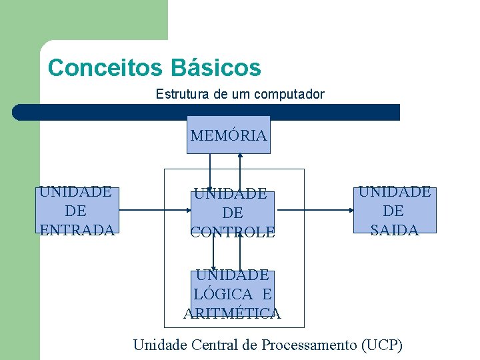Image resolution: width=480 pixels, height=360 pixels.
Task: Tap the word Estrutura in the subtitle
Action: pos(182,94)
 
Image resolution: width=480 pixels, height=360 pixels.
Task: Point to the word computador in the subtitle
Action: pos(289,94)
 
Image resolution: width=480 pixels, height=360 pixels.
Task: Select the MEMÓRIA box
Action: pos(228,135)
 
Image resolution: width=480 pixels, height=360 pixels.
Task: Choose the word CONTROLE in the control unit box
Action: pos(232,232)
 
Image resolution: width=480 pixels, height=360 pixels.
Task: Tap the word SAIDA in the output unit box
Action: pos(394,230)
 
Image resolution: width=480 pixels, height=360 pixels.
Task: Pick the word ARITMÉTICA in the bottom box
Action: pos(232,313)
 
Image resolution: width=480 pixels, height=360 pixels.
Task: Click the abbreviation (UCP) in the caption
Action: pos(381,345)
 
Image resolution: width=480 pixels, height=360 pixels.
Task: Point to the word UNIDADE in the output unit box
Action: pos(395,192)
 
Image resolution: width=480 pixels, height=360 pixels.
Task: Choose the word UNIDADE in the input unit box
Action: pos(75,192)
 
